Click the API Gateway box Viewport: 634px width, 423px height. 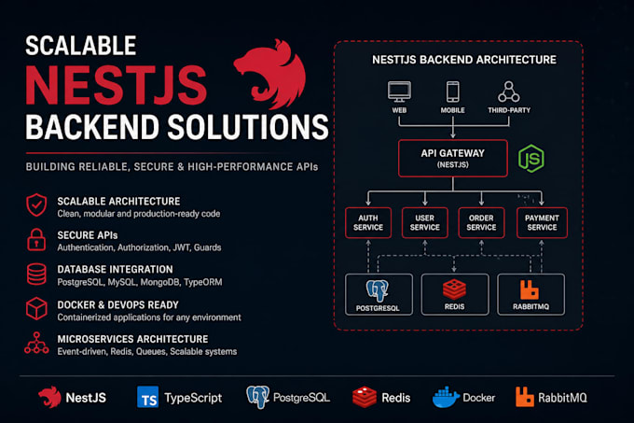[452, 158]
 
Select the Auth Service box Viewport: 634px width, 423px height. [368, 222]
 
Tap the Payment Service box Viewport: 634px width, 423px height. [542, 222]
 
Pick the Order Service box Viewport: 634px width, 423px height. [481, 222]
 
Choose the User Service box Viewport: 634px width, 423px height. [424, 222]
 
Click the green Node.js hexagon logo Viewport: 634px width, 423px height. [531, 158]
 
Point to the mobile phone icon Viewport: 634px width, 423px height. [452, 92]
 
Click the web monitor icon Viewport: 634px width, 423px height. [399, 92]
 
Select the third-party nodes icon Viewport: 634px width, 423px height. [509, 92]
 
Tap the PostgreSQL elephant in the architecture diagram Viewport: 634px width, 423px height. [378, 290]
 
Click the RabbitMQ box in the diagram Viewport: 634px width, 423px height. [531, 294]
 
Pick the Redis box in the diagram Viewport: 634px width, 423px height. [455, 294]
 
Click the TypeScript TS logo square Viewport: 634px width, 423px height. [147, 397]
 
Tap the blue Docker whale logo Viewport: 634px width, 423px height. [446, 397]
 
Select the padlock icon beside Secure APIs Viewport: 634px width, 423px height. [36, 239]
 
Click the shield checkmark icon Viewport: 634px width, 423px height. [36, 204]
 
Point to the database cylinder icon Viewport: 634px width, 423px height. [36, 274]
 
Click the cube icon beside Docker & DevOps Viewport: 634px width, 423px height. [36, 309]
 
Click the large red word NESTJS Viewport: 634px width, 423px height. [116, 85]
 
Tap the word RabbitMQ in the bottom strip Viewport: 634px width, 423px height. [562, 398]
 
